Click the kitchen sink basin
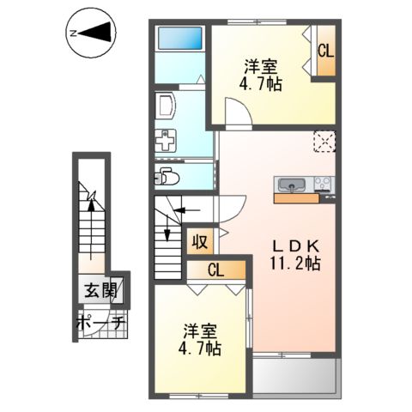[292, 185]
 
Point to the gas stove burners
[323, 184]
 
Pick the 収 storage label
[199, 242]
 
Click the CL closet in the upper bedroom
[325, 51]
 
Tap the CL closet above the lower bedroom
[215, 272]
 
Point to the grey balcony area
[294, 375]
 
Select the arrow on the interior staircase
[184, 209]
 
